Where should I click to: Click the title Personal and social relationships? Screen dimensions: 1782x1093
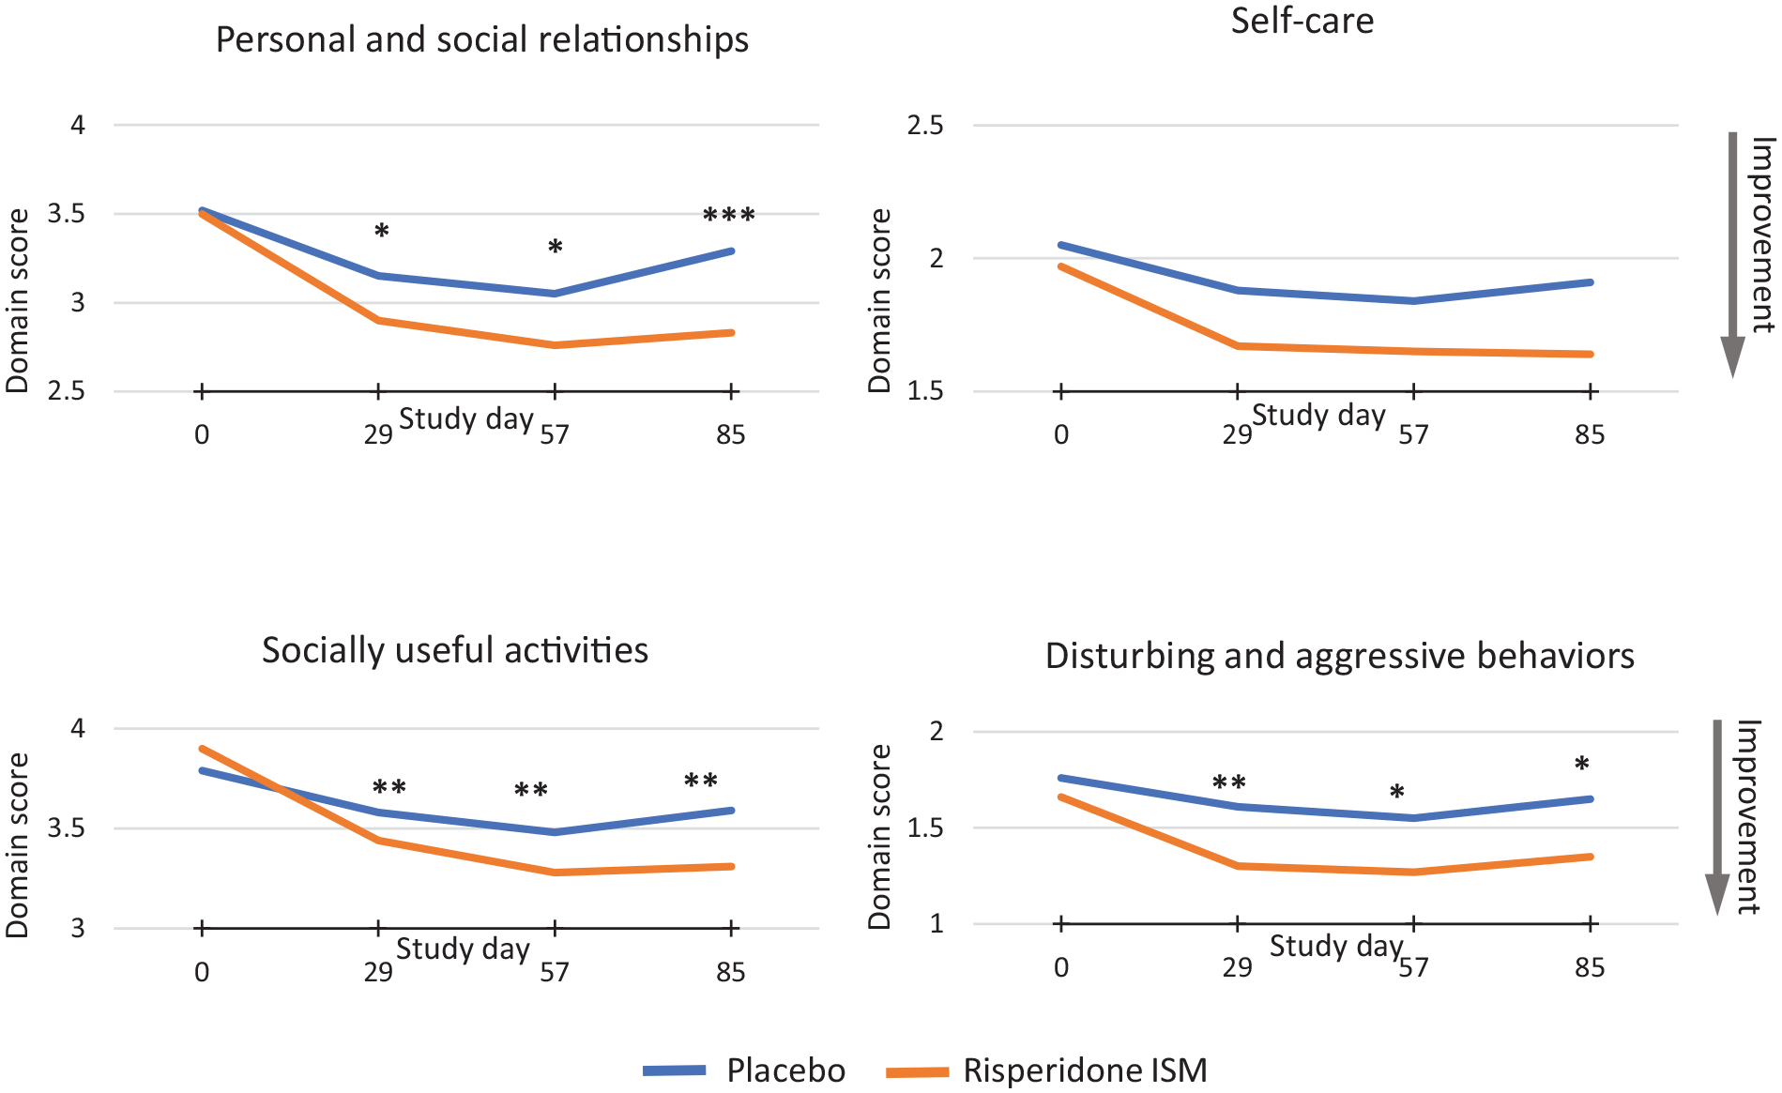482,40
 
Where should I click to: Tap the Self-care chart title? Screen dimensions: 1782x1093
1302,21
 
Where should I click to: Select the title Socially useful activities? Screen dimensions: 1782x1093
455,650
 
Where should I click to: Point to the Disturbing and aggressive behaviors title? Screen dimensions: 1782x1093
1340,656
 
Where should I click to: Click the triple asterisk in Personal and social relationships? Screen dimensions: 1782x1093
729,217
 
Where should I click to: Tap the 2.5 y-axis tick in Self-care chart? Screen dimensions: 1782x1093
925,126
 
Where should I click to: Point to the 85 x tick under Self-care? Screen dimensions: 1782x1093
1590,434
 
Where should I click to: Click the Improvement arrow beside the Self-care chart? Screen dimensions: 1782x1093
1732,254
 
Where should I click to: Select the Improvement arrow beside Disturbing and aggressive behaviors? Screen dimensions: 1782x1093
1717,817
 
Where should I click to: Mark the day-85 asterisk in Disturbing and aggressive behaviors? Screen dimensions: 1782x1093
1582,765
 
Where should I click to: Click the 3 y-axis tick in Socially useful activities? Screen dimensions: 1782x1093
78,928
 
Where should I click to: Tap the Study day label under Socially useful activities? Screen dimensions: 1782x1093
464,949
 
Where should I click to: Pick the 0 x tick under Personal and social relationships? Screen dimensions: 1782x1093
202,434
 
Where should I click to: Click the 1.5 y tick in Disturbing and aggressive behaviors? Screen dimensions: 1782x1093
925,828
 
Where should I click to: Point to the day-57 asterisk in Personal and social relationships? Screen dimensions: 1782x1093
556,248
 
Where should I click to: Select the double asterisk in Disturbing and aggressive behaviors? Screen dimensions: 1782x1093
1229,783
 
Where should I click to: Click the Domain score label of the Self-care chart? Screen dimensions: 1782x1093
879,300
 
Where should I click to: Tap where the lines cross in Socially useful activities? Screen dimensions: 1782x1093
281,790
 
